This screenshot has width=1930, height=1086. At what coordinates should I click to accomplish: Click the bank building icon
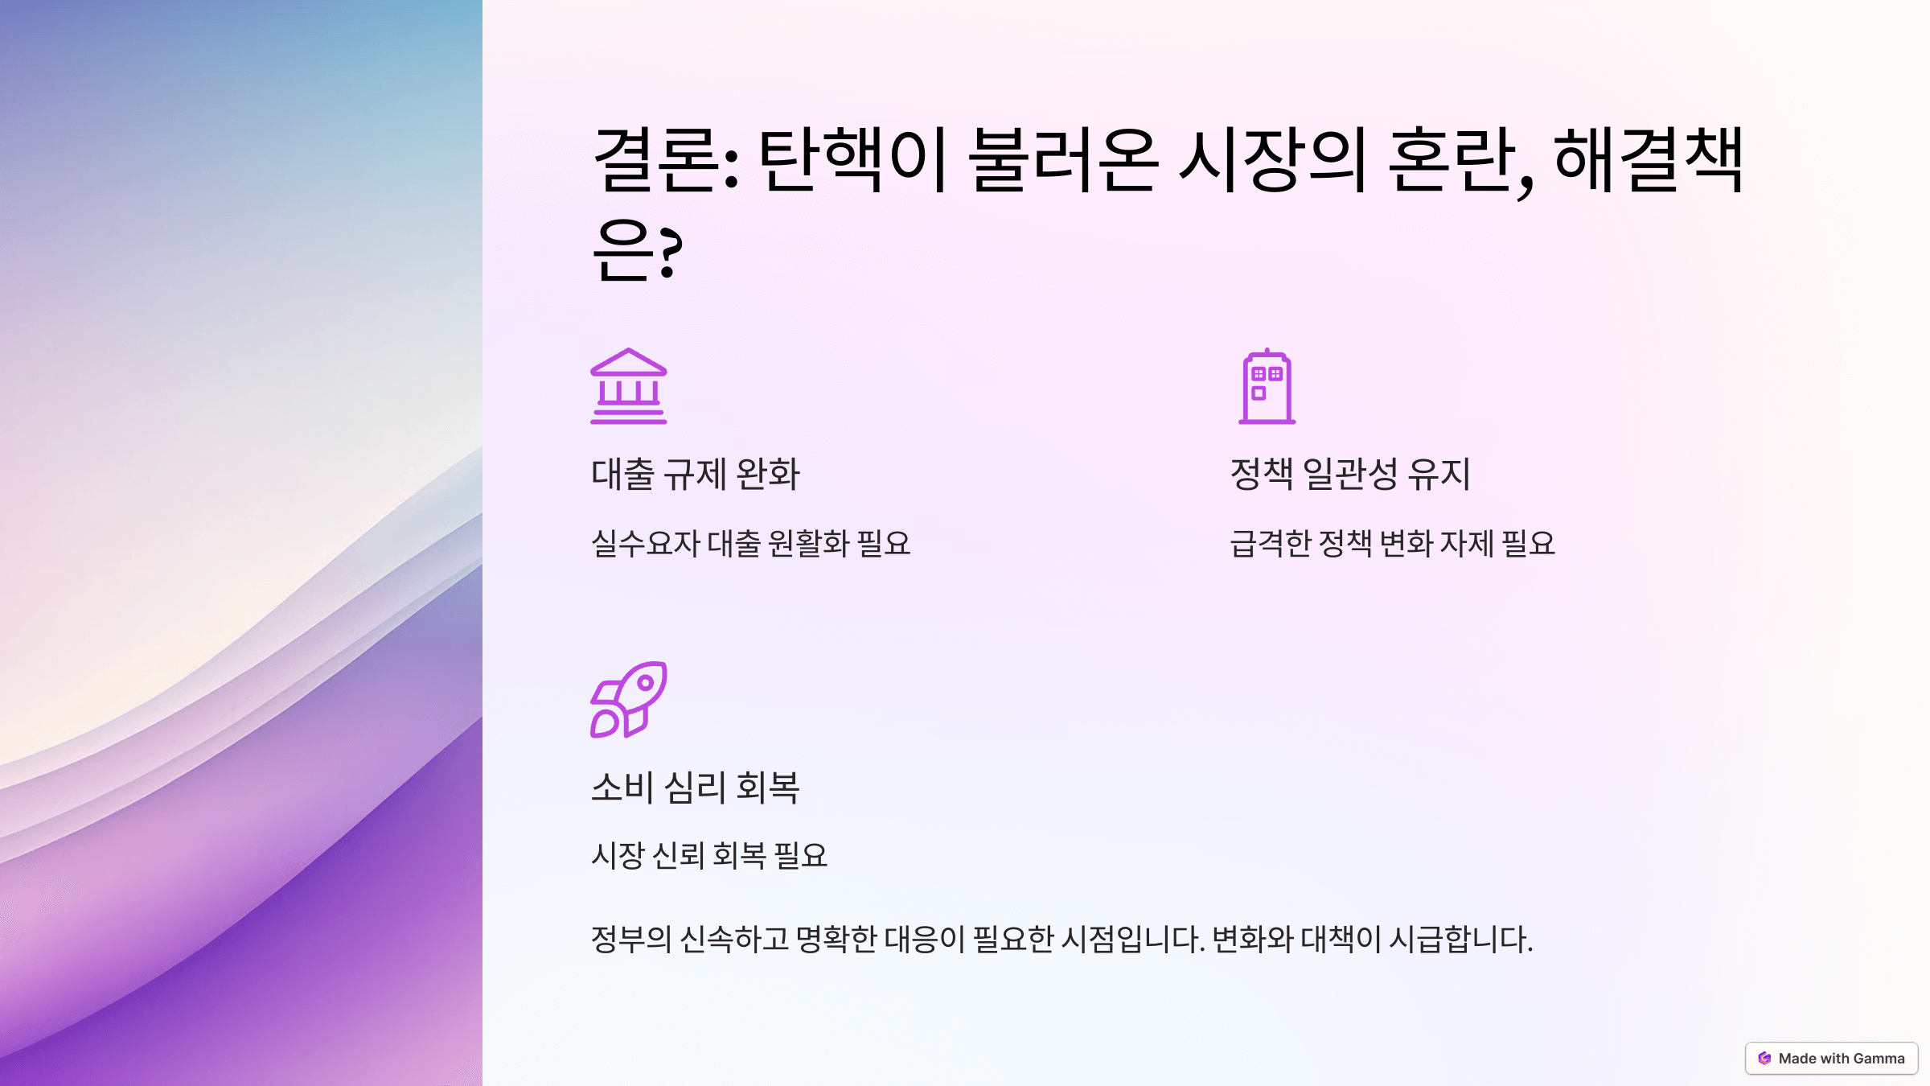(628, 386)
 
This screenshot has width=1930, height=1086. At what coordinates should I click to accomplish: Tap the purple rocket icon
(628, 700)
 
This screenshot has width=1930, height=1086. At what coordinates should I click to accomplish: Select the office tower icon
(1267, 386)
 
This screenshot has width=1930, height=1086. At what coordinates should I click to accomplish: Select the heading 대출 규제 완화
(696, 474)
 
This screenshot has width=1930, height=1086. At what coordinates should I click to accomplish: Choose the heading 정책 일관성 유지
(1350, 474)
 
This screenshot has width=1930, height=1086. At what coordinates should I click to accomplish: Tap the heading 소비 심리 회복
(696, 787)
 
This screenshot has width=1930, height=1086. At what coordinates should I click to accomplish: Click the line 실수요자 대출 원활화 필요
(750, 544)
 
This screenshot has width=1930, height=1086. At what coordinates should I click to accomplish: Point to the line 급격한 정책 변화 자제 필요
(1392, 544)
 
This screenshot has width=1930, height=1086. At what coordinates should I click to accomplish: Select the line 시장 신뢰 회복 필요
(709, 855)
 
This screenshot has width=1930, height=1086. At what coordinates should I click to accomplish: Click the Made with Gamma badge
(1831, 1059)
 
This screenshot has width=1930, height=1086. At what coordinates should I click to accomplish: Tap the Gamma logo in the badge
(1764, 1059)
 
